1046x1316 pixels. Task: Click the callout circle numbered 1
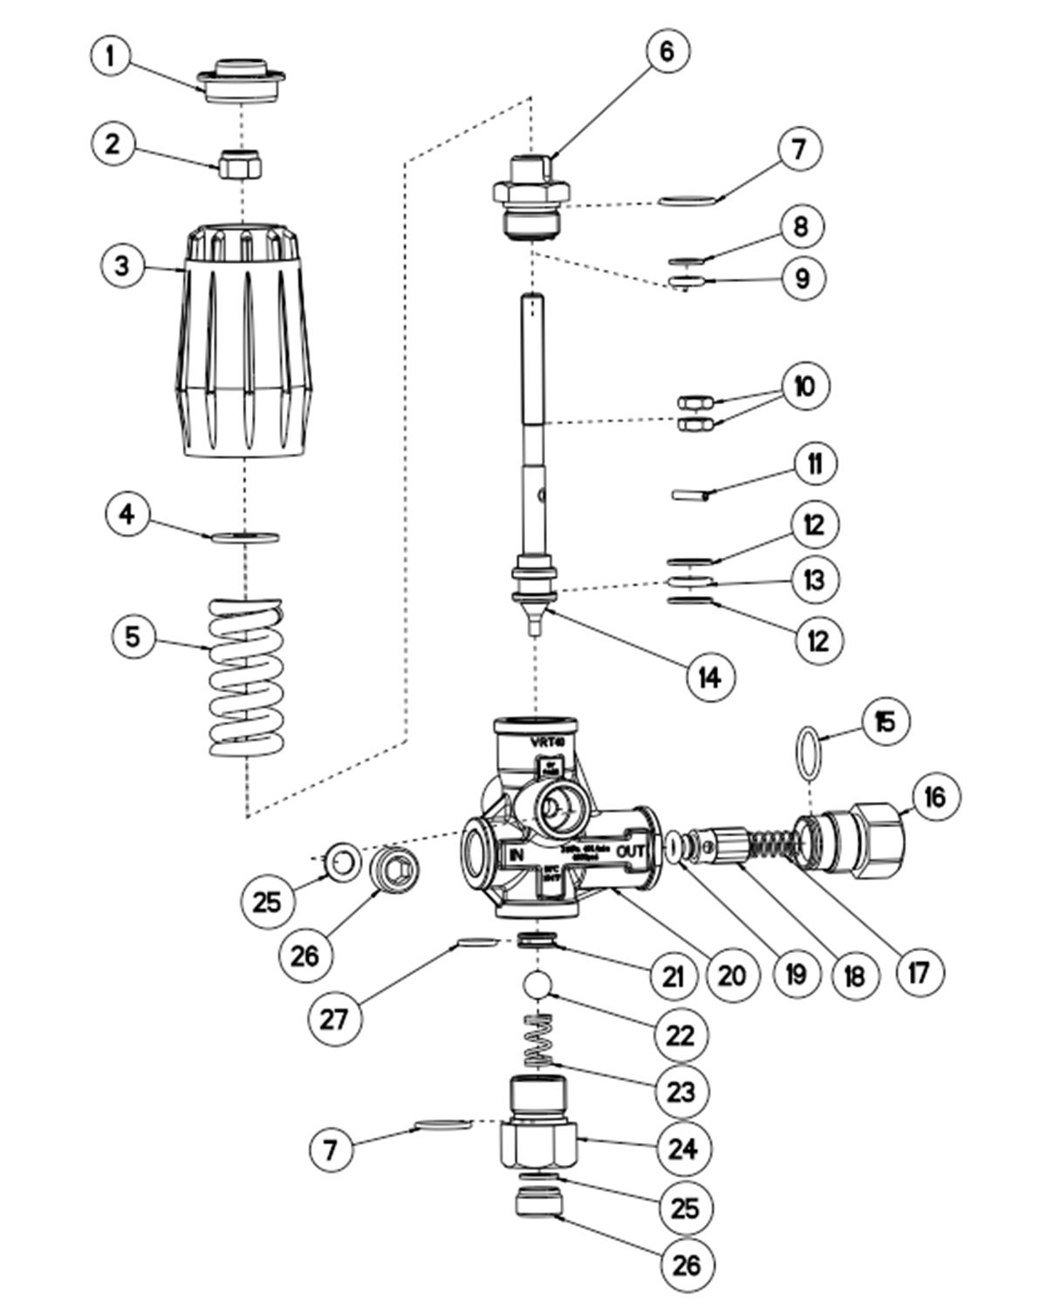coord(110,58)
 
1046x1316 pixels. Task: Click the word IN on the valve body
coord(516,854)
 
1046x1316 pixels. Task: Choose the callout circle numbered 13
coord(813,579)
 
